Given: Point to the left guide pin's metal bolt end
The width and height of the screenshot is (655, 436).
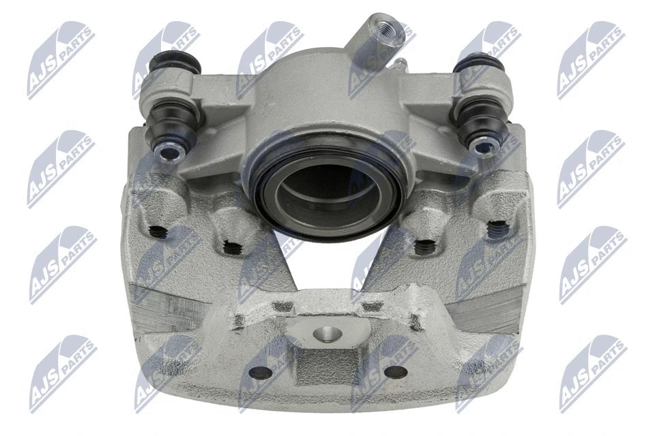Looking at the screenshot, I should click(166, 151).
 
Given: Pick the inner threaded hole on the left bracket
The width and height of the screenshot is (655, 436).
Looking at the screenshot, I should click(232, 248).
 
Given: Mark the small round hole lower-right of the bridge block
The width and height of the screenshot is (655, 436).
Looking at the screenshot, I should click(395, 372).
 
